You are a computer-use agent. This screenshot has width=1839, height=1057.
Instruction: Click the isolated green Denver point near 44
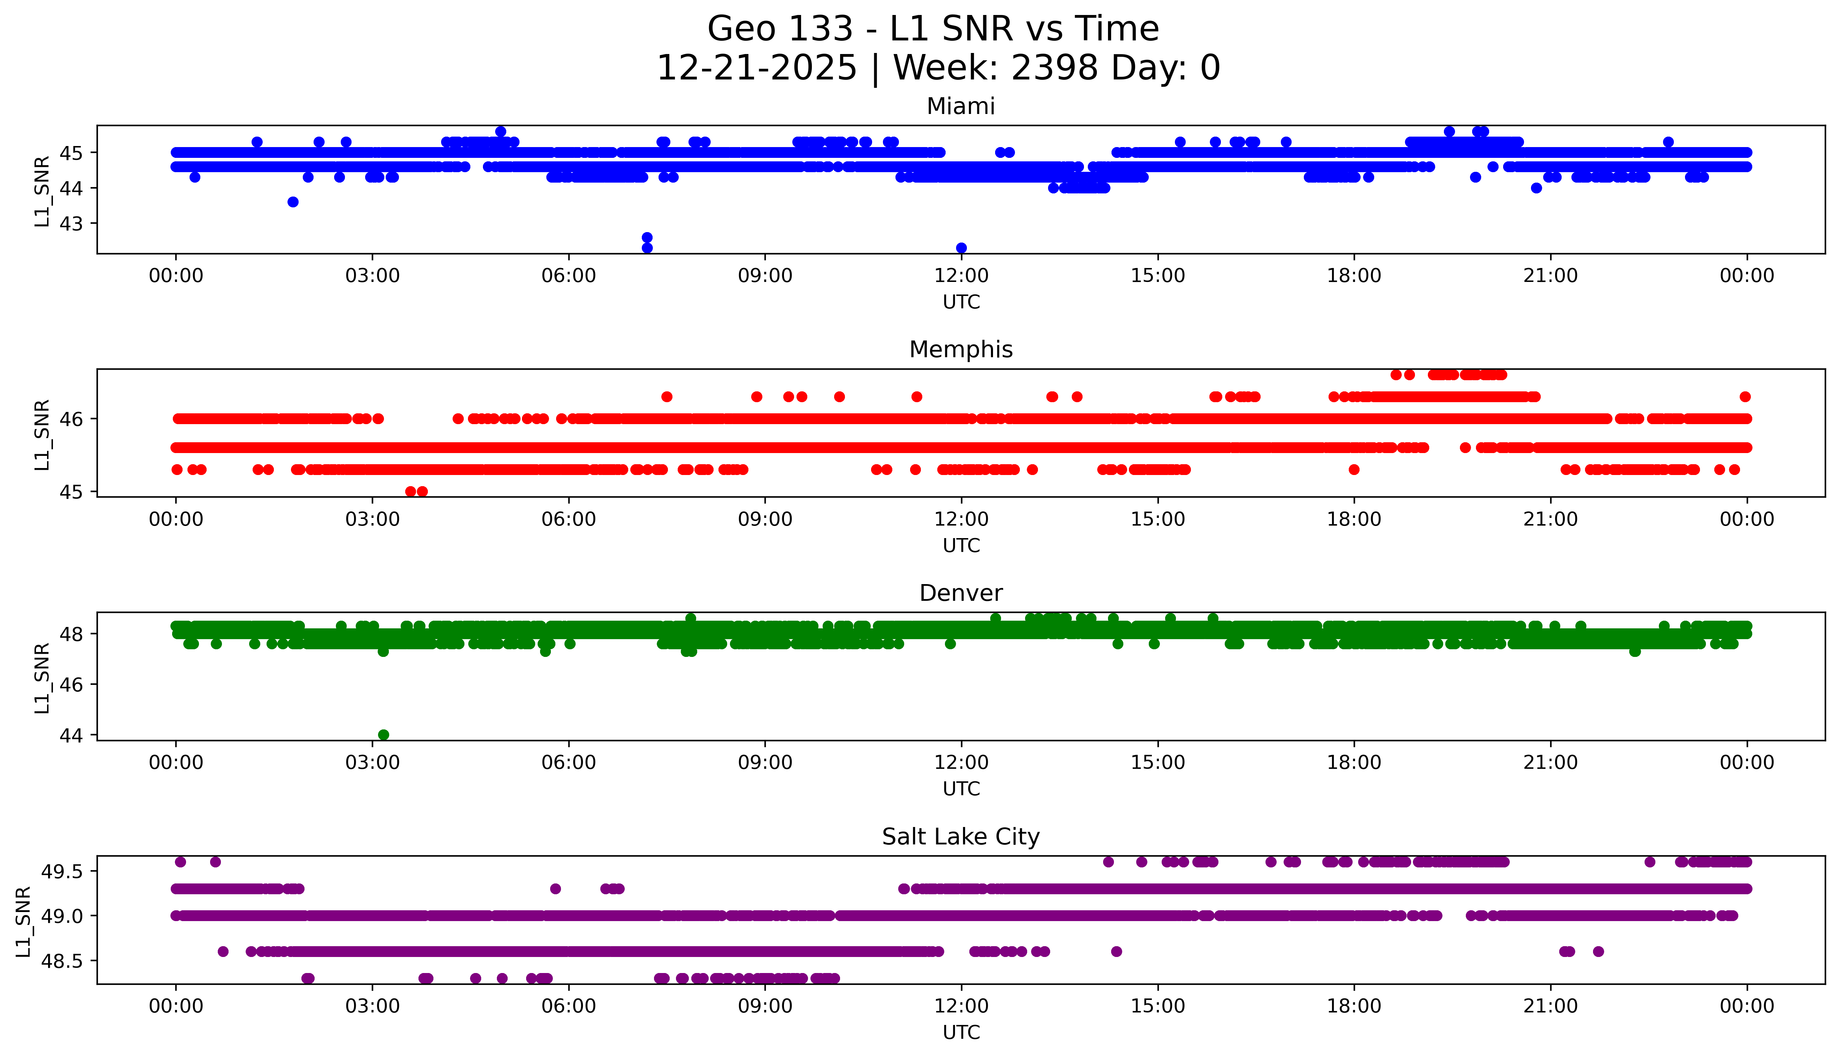pyautogui.click(x=384, y=735)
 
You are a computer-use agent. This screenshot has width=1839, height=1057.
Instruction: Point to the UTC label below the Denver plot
pyautogui.click(x=961, y=788)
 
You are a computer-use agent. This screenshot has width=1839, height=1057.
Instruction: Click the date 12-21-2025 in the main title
pyautogui.click(x=757, y=68)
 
